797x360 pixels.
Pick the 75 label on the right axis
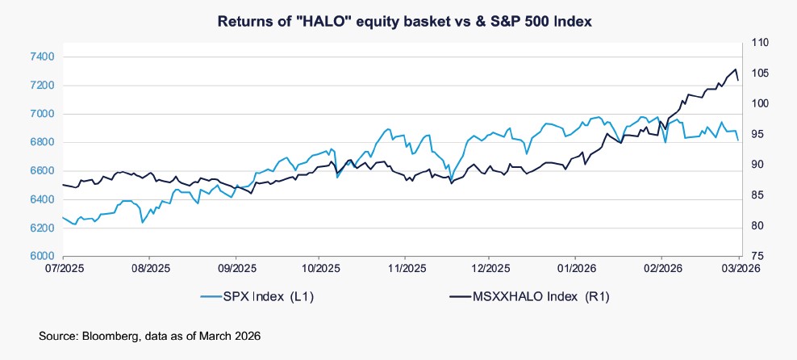[762, 256]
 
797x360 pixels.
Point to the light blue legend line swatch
[213, 297]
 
